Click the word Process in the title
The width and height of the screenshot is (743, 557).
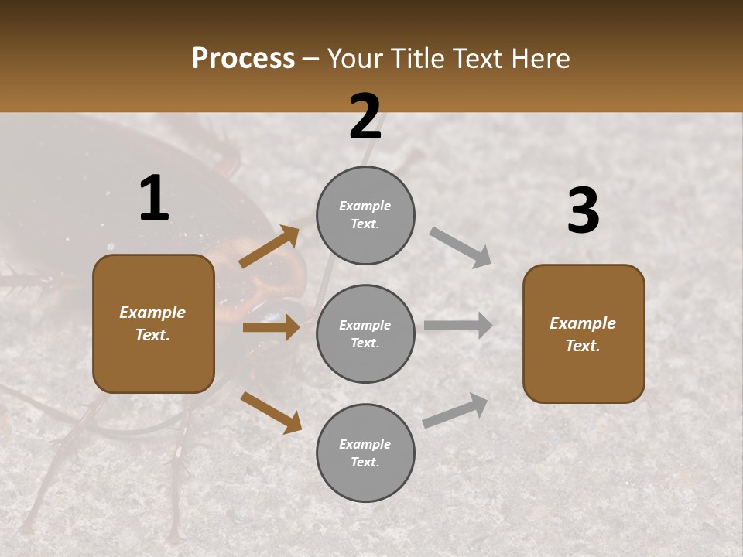click(x=243, y=59)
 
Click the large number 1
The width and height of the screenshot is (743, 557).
click(x=154, y=199)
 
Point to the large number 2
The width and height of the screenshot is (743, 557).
click(x=365, y=117)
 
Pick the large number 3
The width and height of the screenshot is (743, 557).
click(x=583, y=211)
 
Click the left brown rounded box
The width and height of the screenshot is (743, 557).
click(x=153, y=323)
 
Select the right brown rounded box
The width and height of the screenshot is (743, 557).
click(x=584, y=334)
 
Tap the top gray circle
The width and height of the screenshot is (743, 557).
click(x=365, y=215)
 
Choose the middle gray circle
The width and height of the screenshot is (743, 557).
click(x=365, y=334)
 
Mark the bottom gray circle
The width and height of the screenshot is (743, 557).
click(x=365, y=453)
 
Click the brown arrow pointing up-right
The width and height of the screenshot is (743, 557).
click(x=269, y=246)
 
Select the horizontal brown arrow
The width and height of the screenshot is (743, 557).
click(x=271, y=327)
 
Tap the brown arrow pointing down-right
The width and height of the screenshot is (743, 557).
click(x=271, y=412)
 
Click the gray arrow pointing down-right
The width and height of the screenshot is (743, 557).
click(x=461, y=247)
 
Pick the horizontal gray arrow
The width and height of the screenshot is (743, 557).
click(x=458, y=325)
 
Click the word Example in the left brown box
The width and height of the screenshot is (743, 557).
click(x=152, y=313)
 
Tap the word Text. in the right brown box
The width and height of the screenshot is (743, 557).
click(x=583, y=346)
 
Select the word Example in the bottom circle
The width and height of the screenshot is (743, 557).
click(x=365, y=444)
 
